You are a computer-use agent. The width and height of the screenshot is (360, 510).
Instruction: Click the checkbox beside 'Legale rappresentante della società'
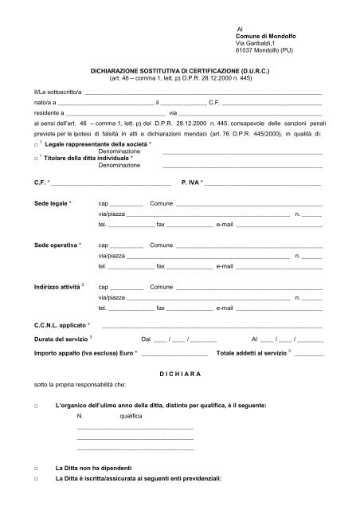(x=37, y=144)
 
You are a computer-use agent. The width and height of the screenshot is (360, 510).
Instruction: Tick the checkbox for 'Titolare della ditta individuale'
(x=37, y=159)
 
